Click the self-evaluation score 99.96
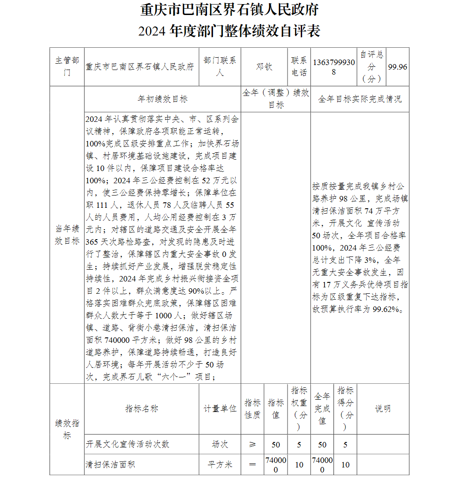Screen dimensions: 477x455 click(397, 67)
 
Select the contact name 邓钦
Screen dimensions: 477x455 click(264, 67)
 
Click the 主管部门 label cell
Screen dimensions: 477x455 click(67, 67)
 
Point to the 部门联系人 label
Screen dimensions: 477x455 click(220, 67)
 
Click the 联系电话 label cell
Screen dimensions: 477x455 click(299, 67)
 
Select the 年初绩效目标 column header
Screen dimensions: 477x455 click(162, 99)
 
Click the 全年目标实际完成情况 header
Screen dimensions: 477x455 click(359, 99)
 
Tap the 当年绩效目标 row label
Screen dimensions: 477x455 click(67, 235)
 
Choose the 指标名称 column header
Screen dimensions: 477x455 click(142, 409)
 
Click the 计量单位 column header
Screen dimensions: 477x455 click(220, 409)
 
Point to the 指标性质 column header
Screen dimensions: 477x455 click(253, 409)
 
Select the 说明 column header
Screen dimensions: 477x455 click(383, 409)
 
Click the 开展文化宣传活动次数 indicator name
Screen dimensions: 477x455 click(127, 444)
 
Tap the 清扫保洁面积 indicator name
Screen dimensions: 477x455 click(111, 464)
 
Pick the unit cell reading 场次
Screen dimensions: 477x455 click(220, 444)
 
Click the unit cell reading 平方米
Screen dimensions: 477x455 click(220, 464)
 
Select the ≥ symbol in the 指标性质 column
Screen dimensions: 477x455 click(253, 444)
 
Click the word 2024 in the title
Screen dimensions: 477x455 click(152, 31)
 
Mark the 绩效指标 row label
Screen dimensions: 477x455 click(67, 429)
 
